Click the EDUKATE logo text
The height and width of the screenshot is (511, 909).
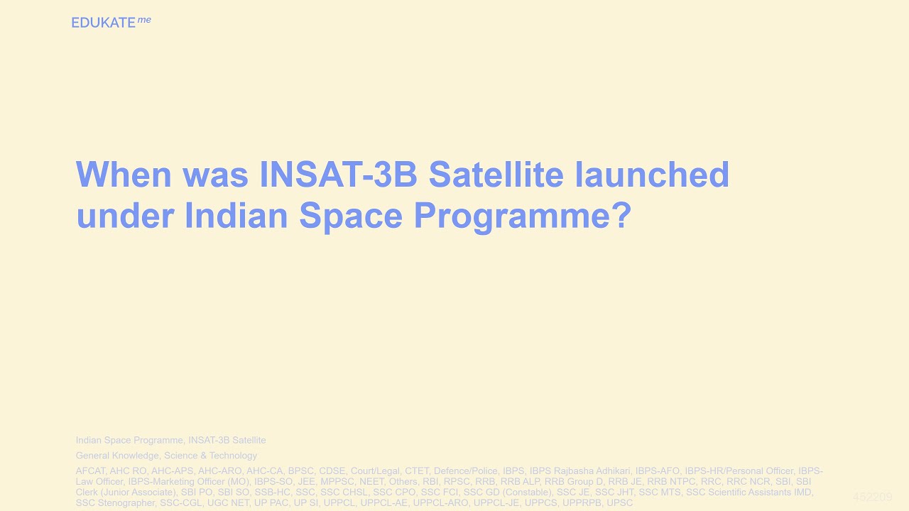pyautogui.click(x=103, y=23)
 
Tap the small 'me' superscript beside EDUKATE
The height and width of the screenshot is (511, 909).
pyautogui.click(x=144, y=20)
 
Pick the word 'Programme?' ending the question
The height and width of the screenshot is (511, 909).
pyautogui.click(x=523, y=216)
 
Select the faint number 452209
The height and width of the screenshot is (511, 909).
pyautogui.click(x=872, y=497)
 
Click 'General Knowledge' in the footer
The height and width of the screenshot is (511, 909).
pyautogui.click(x=117, y=456)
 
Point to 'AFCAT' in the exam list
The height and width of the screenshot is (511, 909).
pyautogui.click(x=90, y=471)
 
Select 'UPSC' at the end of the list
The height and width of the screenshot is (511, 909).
pyautogui.click(x=619, y=502)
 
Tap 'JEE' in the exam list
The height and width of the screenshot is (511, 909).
pyautogui.click(x=306, y=481)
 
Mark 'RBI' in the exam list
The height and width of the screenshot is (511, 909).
pyautogui.click(x=430, y=481)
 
